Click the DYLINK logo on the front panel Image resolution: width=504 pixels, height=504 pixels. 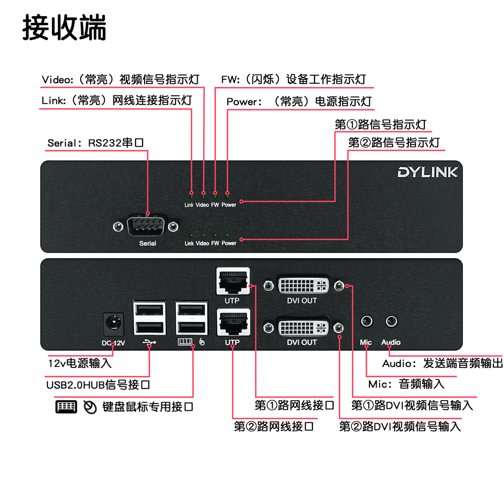tap(427, 172)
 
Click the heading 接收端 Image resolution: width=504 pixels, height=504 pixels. tap(65, 27)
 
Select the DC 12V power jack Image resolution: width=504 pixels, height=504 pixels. tap(113, 324)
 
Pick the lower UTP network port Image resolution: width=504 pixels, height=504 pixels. tap(232, 323)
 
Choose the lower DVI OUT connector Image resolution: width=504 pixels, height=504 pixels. tap(302, 327)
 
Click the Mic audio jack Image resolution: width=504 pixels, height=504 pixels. tap(367, 321)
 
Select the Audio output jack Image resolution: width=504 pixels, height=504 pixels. tap(391, 321)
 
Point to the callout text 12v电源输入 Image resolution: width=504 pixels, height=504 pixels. tap(80, 363)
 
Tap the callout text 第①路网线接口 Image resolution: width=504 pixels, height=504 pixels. tap(295, 405)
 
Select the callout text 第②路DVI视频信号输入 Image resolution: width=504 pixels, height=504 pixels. tap(400, 426)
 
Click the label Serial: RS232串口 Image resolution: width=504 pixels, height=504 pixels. tap(96, 143)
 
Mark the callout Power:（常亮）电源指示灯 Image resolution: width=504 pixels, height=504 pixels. tap(299, 101)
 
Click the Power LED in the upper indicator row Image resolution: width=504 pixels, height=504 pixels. tap(228, 193)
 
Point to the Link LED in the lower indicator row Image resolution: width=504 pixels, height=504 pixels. tap(191, 235)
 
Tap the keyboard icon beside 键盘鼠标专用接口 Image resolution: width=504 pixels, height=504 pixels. tap(66, 407)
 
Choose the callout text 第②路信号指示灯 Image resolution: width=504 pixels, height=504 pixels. tap(394, 143)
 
